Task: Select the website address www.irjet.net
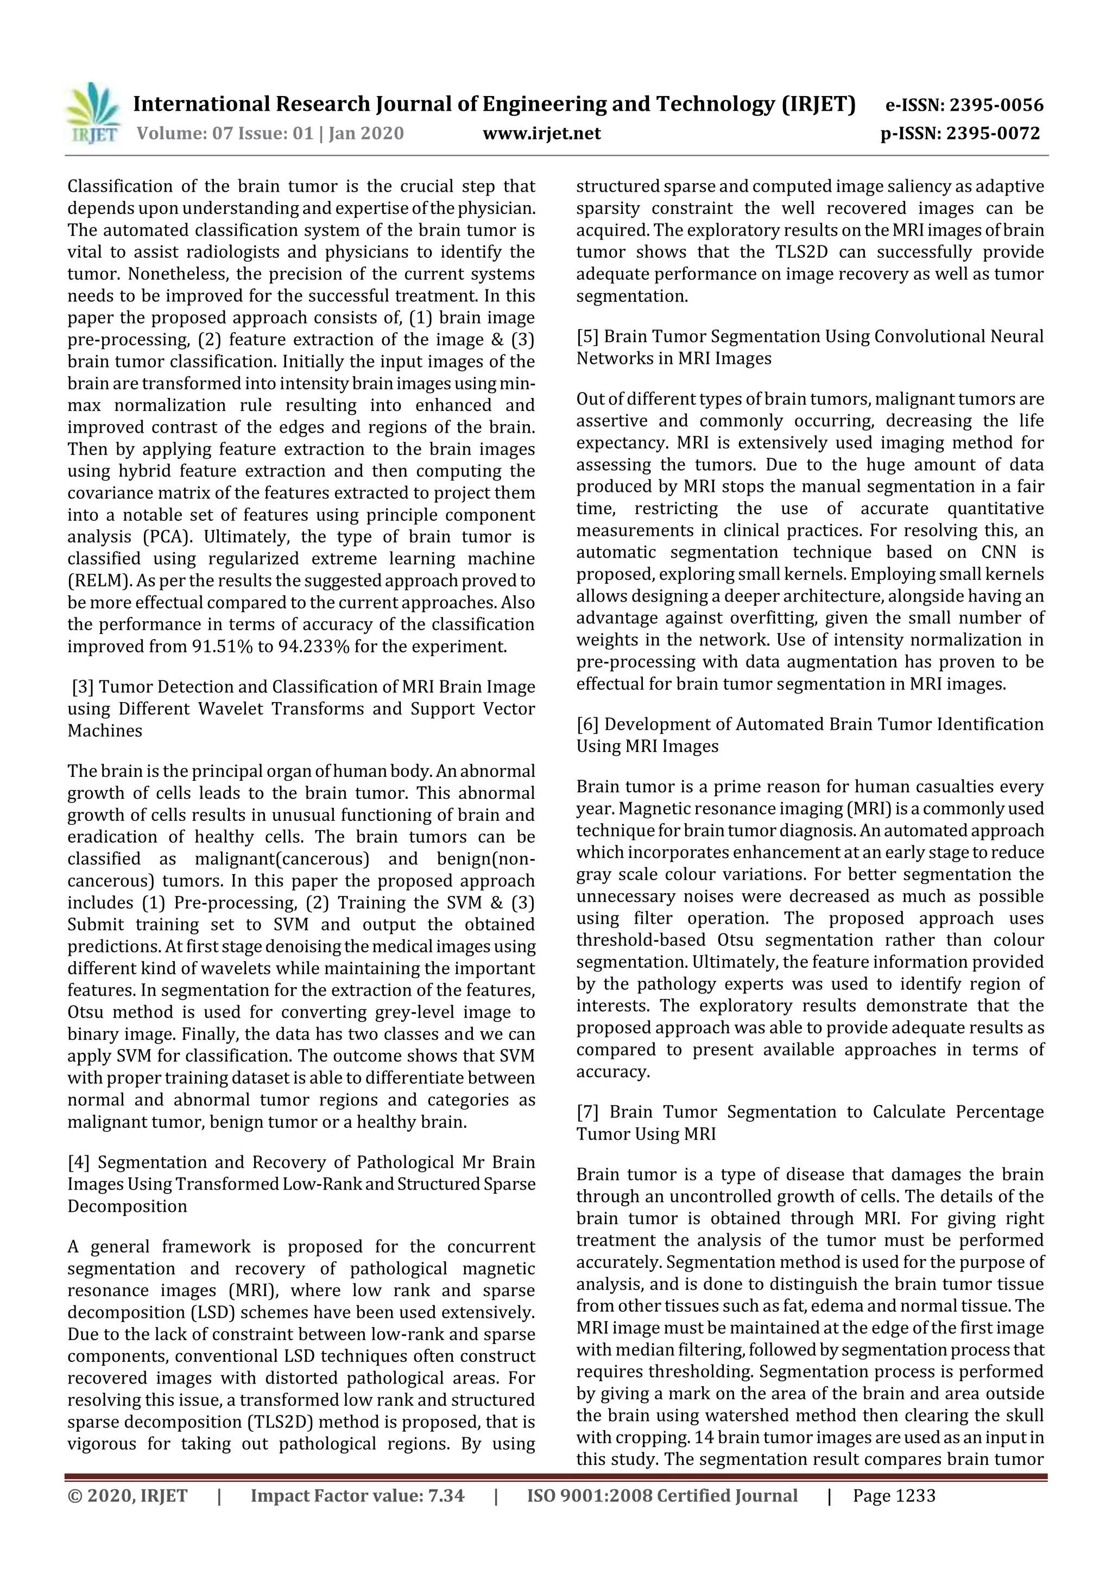point(541,133)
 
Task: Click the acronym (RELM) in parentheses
point(99,581)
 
